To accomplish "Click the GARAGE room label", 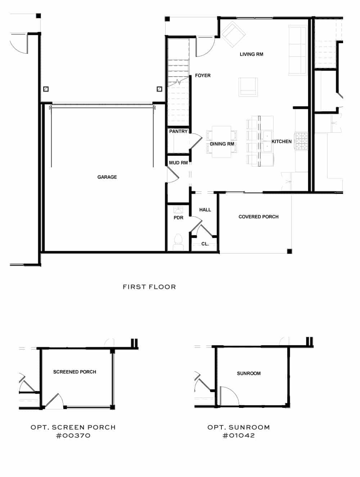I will point(107,177).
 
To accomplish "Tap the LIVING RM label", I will point(251,54).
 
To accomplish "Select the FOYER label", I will point(203,76).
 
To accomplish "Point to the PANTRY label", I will point(178,131).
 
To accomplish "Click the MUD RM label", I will point(178,163).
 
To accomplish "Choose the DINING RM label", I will point(222,144).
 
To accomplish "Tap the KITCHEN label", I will point(281,141).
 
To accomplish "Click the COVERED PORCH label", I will point(258,217).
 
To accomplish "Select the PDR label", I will point(178,218).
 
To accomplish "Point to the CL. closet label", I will point(205,244).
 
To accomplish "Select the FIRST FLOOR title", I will point(149,287).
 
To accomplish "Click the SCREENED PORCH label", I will point(75,372).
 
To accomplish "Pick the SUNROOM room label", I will point(248,373).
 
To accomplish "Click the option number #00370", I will point(73,436).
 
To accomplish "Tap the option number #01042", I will point(238,436).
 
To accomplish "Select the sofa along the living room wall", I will point(297,50).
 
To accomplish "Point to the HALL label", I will point(205,210).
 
